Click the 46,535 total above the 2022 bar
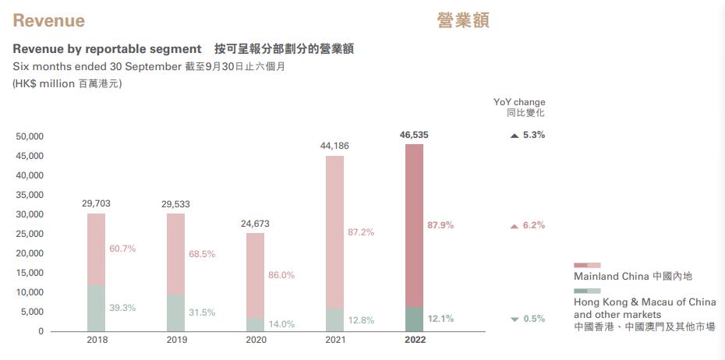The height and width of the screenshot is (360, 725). point(413,135)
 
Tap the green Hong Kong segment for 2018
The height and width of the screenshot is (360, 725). point(96,308)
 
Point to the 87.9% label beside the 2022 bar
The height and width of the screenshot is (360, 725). point(440,225)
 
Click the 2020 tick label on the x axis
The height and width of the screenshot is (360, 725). point(256,340)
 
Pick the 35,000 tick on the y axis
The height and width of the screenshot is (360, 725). point(30,195)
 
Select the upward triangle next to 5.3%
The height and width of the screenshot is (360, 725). point(514,136)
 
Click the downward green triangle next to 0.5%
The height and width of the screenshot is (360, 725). point(514,319)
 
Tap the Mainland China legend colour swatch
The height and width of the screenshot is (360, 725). point(587,266)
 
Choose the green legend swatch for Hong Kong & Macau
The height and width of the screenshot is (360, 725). point(587,291)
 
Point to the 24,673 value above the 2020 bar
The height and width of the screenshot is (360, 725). point(255,224)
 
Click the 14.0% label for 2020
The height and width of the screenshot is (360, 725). point(281,324)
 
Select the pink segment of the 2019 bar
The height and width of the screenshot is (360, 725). point(175,253)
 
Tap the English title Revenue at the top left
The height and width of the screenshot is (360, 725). point(48,20)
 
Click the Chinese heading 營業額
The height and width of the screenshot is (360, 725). point(463,20)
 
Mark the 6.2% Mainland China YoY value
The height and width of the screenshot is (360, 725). point(534,225)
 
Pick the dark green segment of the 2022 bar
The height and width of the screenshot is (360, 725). point(414,319)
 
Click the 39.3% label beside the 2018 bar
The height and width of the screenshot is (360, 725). point(122,308)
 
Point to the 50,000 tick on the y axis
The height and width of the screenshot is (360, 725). point(30,136)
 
